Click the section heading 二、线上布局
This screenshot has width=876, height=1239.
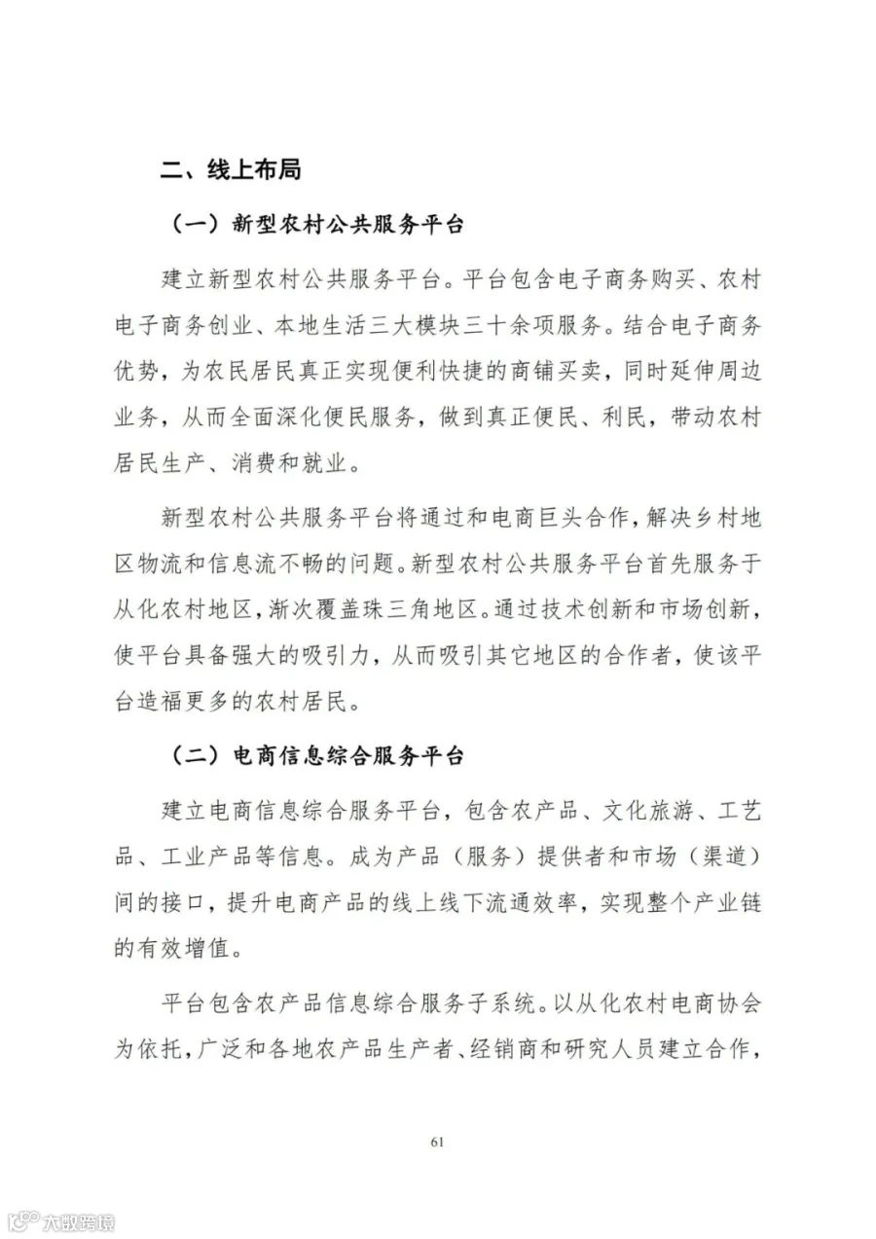(x=232, y=170)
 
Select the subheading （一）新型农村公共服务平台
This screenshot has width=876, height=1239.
(x=317, y=225)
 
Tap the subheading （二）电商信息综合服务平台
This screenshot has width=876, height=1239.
(x=317, y=755)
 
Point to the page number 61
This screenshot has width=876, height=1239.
(x=437, y=1142)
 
